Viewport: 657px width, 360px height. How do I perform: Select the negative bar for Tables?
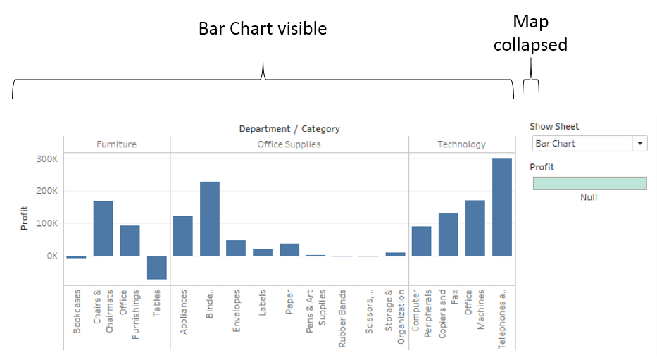click(x=156, y=268)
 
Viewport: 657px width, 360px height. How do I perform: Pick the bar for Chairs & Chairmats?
click(x=103, y=228)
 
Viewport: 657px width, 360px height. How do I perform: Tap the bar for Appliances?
click(x=183, y=236)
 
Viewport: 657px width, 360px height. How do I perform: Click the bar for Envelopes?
click(x=236, y=248)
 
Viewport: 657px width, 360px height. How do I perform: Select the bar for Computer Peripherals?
click(x=421, y=241)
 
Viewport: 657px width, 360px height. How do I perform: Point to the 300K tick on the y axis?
click(x=46, y=159)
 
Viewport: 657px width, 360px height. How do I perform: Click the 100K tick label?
click(x=46, y=223)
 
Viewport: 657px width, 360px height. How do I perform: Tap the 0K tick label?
click(x=51, y=256)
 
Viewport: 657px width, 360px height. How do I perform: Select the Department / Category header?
click(x=289, y=129)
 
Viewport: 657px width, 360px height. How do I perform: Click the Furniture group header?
click(x=116, y=144)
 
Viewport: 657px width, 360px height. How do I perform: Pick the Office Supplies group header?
click(x=289, y=144)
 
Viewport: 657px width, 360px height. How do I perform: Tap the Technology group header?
click(x=461, y=144)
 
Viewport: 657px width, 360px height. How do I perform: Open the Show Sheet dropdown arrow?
click(x=639, y=144)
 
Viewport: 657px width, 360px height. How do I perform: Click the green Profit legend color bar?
click(x=589, y=183)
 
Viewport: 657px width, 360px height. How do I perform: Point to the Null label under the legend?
click(x=589, y=197)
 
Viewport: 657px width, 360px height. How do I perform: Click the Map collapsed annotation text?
click(x=530, y=33)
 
